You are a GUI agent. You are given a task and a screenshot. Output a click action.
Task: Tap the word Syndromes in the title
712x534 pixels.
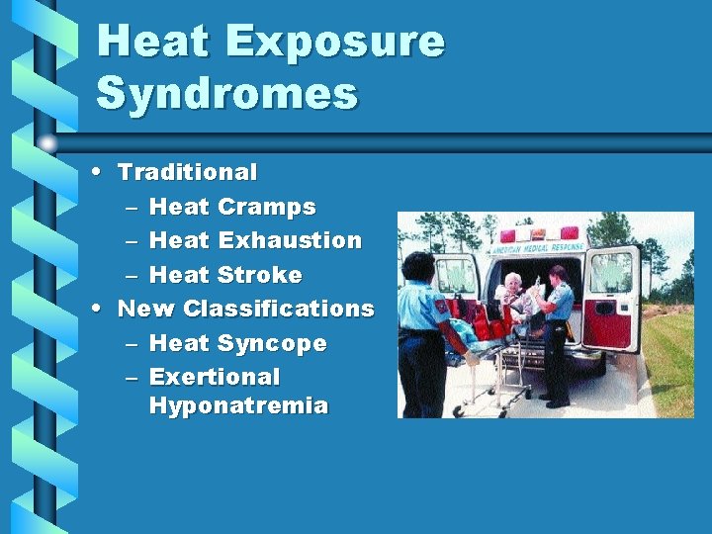click(x=226, y=94)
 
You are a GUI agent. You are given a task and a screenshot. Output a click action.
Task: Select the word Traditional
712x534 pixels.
click(x=187, y=172)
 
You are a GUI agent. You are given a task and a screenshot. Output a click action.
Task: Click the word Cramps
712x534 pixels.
click(x=266, y=207)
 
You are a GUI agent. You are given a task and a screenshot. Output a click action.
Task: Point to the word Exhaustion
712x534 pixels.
click(x=290, y=240)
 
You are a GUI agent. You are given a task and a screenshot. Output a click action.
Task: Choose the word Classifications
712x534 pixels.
click(x=279, y=309)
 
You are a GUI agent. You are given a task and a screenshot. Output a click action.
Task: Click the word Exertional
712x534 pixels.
click(x=215, y=377)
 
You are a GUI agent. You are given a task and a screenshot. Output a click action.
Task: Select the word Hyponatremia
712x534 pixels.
click(x=238, y=405)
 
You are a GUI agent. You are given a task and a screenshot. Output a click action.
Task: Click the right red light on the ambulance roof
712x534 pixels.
click(x=570, y=234)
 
